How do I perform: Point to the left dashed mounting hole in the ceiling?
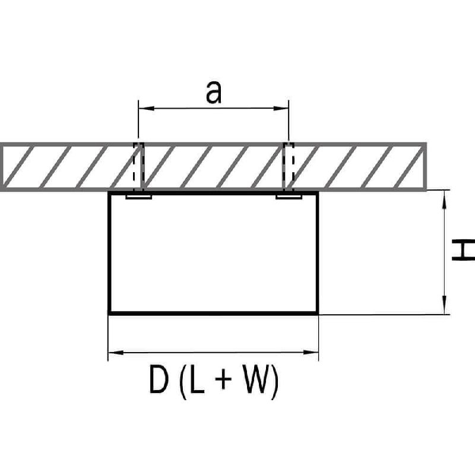click(138, 167)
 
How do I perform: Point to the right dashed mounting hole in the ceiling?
click(289, 167)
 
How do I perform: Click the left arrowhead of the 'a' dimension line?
click(143, 109)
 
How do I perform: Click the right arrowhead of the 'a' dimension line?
click(284, 109)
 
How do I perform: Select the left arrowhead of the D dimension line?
click(113, 353)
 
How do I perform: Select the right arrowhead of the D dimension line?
click(314, 353)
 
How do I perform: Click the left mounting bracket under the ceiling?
click(139, 196)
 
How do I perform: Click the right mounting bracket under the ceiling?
click(289, 196)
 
